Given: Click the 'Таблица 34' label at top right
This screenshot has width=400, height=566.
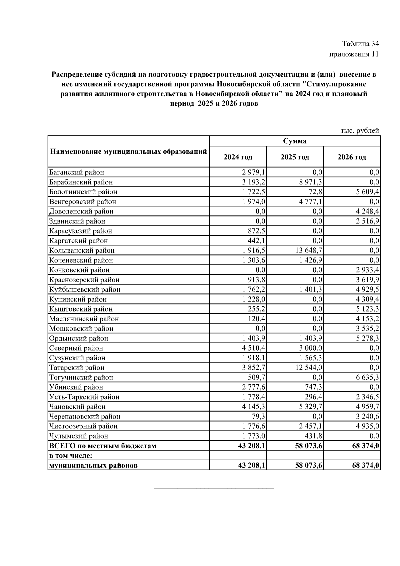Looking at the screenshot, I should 360,44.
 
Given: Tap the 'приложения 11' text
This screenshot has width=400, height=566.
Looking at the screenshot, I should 354,54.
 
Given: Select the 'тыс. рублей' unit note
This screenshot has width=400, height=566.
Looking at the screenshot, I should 360,131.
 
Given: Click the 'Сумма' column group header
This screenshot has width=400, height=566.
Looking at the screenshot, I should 295,141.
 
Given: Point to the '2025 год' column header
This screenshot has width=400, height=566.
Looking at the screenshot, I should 295,157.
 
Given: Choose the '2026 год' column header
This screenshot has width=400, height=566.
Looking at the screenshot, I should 352,157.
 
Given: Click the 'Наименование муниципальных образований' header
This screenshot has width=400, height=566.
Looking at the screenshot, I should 128,152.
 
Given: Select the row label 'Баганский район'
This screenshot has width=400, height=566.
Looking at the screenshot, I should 77,172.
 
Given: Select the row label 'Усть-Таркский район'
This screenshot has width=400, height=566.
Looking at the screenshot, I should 84,397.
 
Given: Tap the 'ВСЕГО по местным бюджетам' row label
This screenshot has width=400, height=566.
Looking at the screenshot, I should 103,446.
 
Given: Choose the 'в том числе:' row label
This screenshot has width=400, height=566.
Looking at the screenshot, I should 71,456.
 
